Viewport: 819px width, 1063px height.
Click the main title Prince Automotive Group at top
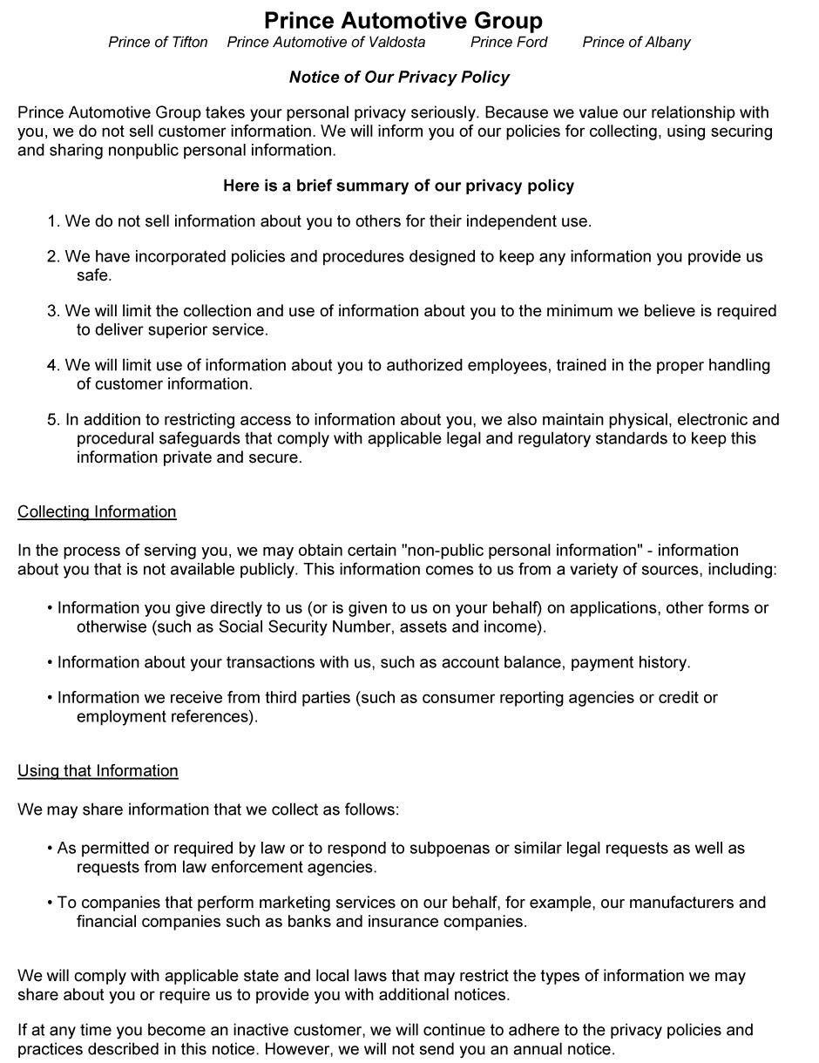pyautogui.click(x=403, y=21)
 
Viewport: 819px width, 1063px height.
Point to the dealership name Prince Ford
pyautogui.click(x=509, y=42)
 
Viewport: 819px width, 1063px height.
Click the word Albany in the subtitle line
pyautogui.click(x=665, y=42)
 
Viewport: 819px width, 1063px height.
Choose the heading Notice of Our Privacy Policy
pyautogui.click(x=399, y=78)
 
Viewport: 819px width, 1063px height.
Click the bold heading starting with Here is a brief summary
pyautogui.click(x=398, y=186)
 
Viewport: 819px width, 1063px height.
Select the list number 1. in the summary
pyautogui.click(x=53, y=221)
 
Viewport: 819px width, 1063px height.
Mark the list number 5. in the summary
pyautogui.click(x=53, y=420)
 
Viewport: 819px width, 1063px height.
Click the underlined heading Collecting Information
pyautogui.click(x=97, y=511)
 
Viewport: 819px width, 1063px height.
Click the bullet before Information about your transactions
pyautogui.click(x=51, y=663)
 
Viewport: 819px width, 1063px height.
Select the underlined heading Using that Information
pyautogui.click(x=98, y=770)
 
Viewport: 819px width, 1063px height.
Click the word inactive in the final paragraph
pyautogui.click(x=266, y=1030)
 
